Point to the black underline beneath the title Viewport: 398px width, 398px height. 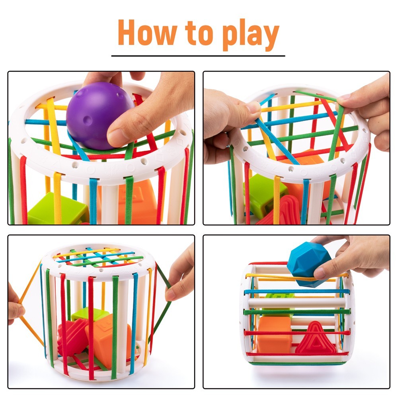coord(198,56)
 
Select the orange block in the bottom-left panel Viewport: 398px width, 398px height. coord(107,338)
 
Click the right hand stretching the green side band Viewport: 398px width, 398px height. coord(181,275)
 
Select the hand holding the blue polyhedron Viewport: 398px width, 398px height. coord(350,255)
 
